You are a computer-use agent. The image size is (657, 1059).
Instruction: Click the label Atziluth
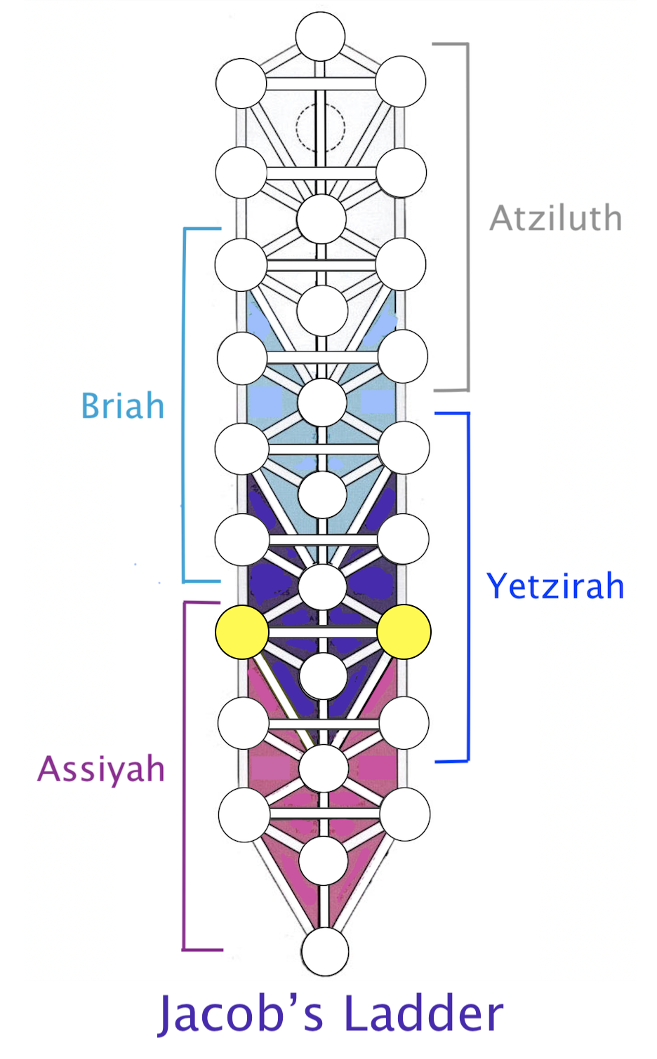pyautogui.click(x=556, y=218)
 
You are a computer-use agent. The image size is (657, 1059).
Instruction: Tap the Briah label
pyautogui.click(x=123, y=405)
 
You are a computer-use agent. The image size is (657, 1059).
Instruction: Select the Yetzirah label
pyautogui.click(x=555, y=586)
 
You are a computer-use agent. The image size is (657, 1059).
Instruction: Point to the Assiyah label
pyautogui.click(x=101, y=770)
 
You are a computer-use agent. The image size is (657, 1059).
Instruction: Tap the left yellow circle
pyautogui.click(x=241, y=632)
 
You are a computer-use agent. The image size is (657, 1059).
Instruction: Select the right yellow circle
pyautogui.click(x=404, y=632)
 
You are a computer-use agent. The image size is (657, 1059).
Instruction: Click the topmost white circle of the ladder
pyautogui.click(x=320, y=36)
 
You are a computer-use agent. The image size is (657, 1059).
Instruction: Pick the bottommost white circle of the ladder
pyautogui.click(x=325, y=952)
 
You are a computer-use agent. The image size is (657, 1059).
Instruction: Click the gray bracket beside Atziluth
pyautogui.click(x=468, y=217)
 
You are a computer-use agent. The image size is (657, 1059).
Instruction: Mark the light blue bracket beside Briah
pyautogui.click(x=184, y=405)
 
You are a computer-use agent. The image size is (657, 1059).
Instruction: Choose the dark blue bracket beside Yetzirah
pyautogui.click(x=468, y=586)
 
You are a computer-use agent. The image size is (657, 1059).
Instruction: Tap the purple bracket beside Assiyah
pyautogui.click(x=184, y=776)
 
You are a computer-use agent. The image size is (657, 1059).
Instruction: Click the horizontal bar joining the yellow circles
pyautogui.click(x=323, y=632)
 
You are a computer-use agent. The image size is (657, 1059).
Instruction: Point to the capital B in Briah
pyautogui.click(x=91, y=405)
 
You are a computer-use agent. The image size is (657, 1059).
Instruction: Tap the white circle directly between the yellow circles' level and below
pyautogui.click(x=323, y=676)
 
